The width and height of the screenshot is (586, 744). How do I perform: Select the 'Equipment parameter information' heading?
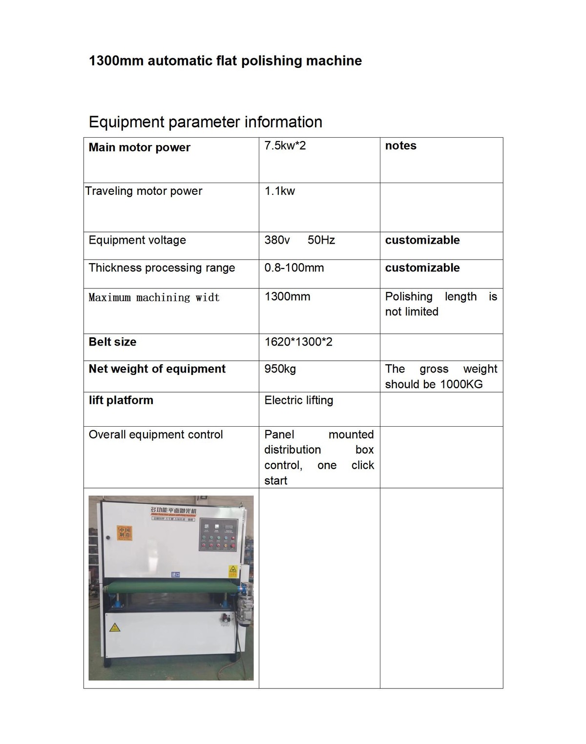205,122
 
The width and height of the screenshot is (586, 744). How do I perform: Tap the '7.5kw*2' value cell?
285,145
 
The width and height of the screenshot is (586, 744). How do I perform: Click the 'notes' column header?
400,145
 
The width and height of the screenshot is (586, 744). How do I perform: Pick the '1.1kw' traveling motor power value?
280,191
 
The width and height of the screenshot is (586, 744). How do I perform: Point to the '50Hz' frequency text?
321,240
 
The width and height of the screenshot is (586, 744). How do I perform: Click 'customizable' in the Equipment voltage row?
422,240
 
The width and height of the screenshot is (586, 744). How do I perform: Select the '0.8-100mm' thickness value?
294,268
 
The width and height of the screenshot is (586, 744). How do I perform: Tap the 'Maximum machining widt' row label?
154,297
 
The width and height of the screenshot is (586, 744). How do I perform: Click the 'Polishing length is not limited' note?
440,304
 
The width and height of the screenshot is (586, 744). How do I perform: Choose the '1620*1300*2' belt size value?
298,342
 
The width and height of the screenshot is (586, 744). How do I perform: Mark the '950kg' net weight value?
280,369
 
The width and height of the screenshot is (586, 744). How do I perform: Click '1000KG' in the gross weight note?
461,384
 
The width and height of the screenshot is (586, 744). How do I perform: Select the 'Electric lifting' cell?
298,400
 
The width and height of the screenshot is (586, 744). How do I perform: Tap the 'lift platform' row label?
121,400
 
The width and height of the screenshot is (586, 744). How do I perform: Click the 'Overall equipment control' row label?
155,434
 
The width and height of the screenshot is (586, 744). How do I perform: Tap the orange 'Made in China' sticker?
125,532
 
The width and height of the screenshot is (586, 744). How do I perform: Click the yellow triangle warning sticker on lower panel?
115,628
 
